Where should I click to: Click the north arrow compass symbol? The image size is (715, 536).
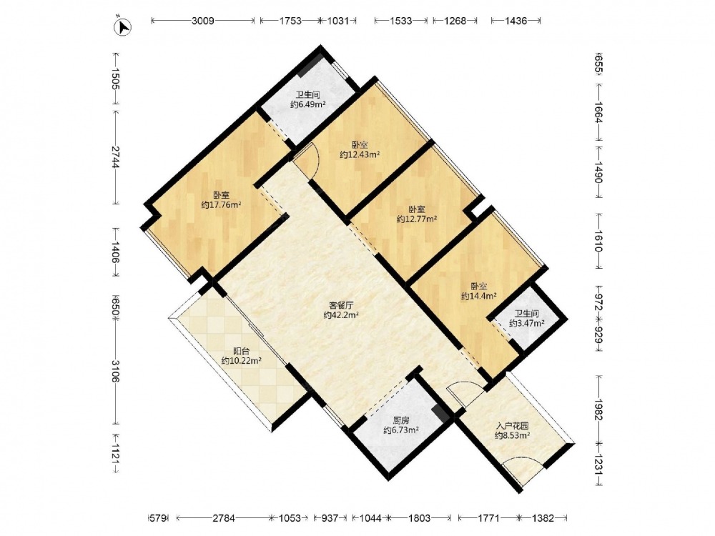click(x=122, y=26)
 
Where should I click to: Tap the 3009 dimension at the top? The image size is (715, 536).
click(x=203, y=21)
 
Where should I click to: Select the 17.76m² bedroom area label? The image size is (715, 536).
click(x=221, y=204)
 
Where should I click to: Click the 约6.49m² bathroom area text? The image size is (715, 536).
click(x=307, y=104)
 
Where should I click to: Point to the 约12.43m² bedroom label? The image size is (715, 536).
click(x=360, y=154)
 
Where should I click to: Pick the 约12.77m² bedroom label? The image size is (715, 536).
click(x=417, y=219)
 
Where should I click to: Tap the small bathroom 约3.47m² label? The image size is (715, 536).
click(x=527, y=324)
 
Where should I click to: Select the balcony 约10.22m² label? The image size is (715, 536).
click(x=241, y=360)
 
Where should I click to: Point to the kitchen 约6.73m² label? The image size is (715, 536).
click(x=401, y=430)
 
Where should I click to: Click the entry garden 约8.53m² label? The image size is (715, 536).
click(x=513, y=436)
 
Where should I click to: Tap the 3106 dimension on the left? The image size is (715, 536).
click(x=114, y=371)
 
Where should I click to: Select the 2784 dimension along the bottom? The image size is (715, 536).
click(x=224, y=517)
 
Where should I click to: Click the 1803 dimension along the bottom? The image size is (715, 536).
click(x=419, y=517)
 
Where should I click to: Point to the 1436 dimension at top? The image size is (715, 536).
click(x=516, y=21)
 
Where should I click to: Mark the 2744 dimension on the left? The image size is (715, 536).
click(x=114, y=157)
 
